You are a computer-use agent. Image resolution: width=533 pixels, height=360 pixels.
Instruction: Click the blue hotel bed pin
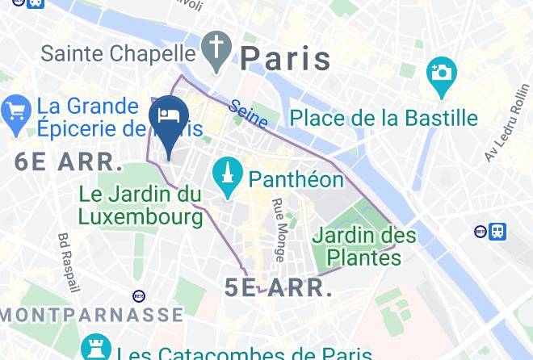[170, 117]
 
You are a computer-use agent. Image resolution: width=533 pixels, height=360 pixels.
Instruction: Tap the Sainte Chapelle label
[118, 53]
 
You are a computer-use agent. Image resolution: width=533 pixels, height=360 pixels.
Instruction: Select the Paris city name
[286, 59]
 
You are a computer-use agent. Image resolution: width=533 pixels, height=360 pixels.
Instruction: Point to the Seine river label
[248, 113]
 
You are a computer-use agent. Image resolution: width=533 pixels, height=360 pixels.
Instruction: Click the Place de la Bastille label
[384, 118]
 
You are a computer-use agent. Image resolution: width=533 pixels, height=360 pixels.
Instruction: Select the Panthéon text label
[296, 178]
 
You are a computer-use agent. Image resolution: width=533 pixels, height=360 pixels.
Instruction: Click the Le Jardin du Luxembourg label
[141, 205]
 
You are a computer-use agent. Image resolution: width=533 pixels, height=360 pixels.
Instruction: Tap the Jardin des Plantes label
[364, 247]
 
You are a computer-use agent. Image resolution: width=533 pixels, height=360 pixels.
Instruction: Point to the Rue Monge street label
[278, 230]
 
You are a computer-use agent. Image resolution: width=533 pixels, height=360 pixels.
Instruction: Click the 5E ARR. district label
[279, 288]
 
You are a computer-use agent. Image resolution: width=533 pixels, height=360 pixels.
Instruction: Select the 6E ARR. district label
[69, 161]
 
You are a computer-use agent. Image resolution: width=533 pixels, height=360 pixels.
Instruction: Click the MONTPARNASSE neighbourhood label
[91, 315]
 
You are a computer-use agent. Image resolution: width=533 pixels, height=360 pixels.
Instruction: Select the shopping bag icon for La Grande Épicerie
[16, 115]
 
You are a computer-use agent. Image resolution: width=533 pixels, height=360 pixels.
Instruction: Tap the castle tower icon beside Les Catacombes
[95, 349]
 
